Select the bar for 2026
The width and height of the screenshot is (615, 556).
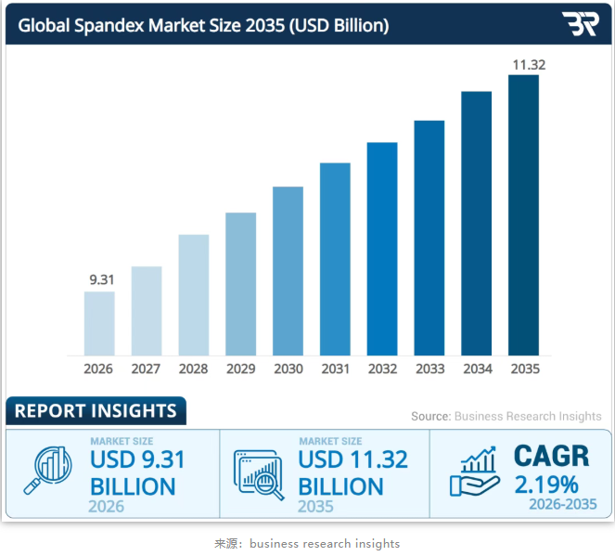99,323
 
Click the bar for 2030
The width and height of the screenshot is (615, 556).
288,271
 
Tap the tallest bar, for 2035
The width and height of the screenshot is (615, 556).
524,215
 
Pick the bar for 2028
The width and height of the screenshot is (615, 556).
194,294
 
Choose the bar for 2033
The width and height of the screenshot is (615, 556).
429,238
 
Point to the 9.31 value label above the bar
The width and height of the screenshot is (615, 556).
99,278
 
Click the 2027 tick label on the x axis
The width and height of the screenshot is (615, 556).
146,369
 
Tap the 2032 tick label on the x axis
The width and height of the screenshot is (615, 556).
382,369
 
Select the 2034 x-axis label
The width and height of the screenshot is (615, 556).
477,369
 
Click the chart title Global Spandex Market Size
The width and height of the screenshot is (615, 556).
203,25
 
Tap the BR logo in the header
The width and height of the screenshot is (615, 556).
580,24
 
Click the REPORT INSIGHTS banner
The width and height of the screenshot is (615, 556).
96,410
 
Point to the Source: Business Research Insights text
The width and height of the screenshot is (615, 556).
506,417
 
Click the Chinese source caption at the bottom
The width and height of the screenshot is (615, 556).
307,543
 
